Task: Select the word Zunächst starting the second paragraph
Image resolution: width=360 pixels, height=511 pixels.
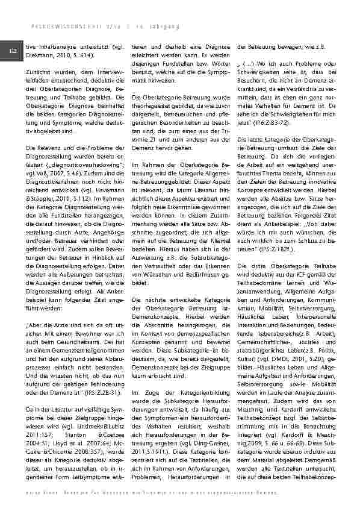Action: coord(42,72)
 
